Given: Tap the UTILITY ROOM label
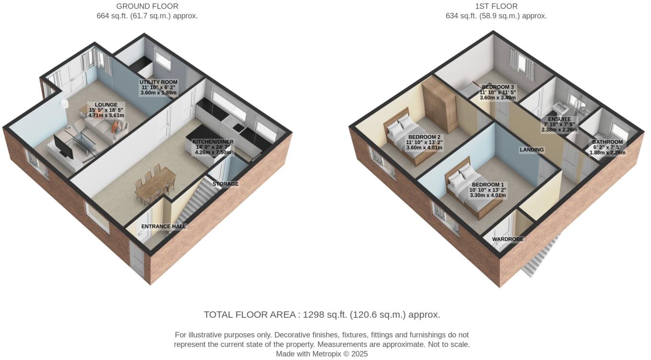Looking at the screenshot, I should click(158, 82).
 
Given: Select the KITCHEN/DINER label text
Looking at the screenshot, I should click(211, 142).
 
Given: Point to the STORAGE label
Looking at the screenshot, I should click(225, 184).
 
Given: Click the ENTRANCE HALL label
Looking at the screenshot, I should click(163, 226).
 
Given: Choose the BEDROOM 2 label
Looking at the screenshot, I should click(424, 137).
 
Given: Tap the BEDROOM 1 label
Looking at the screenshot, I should click(488, 185).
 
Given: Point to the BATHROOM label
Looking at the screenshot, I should click(607, 142).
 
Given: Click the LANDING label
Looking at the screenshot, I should click(532, 150).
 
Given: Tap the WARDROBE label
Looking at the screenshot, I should click(507, 239).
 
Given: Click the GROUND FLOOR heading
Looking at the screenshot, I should click(147, 6).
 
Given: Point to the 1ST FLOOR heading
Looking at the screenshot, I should click(496, 6).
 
